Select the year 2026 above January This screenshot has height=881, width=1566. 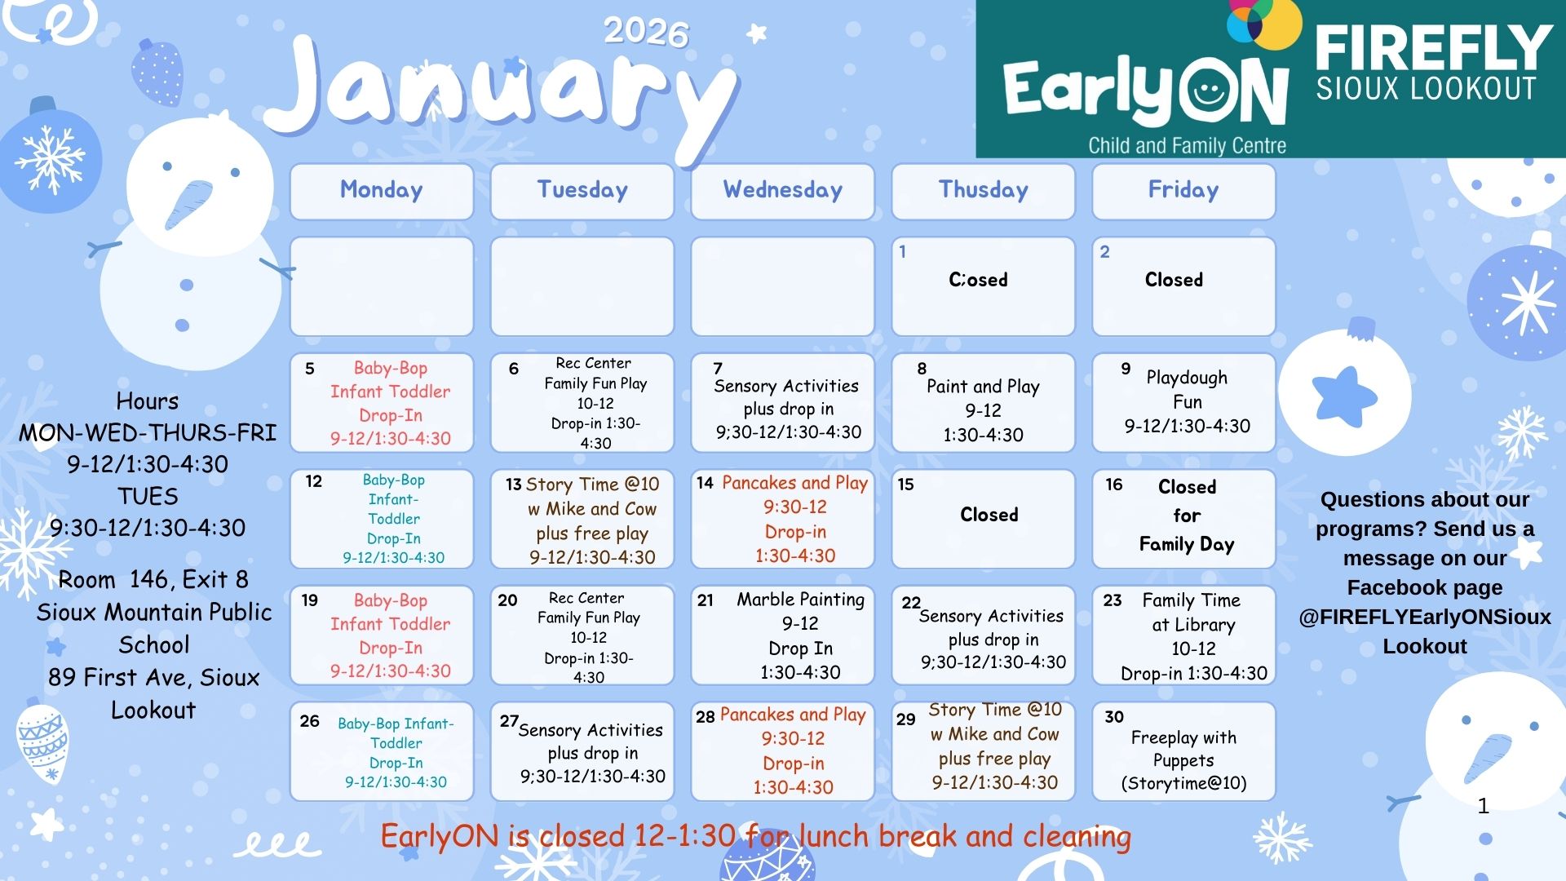(646, 33)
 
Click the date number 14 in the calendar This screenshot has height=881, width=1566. (705, 483)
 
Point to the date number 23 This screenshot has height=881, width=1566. (1113, 600)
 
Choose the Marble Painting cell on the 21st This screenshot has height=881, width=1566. (782, 635)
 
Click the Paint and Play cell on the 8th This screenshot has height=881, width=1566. (983, 403)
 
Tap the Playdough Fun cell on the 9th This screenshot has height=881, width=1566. (1183, 403)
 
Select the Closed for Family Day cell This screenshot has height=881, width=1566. (1183, 519)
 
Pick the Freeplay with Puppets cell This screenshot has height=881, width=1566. (1183, 751)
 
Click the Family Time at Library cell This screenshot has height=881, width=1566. (1183, 635)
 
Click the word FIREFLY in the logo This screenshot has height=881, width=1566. (1434, 48)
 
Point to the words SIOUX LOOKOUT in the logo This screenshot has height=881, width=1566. (1426, 88)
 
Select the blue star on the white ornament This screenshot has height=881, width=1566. (1344, 396)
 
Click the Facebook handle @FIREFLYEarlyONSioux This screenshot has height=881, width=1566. (1425, 617)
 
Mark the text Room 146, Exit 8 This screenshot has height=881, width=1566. (153, 580)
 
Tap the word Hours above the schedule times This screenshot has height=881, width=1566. (148, 401)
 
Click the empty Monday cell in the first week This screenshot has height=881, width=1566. (382, 286)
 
